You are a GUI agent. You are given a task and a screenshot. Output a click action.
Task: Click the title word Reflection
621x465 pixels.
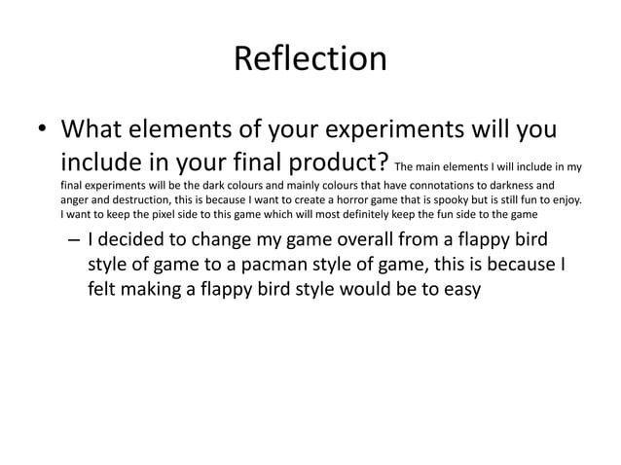click(x=310, y=60)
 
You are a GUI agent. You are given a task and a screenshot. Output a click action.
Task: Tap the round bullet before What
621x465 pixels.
click(x=41, y=130)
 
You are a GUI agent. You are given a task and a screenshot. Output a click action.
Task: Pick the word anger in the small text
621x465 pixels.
click(x=75, y=199)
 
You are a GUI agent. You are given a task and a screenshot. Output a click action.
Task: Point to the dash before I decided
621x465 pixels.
click(x=71, y=241)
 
